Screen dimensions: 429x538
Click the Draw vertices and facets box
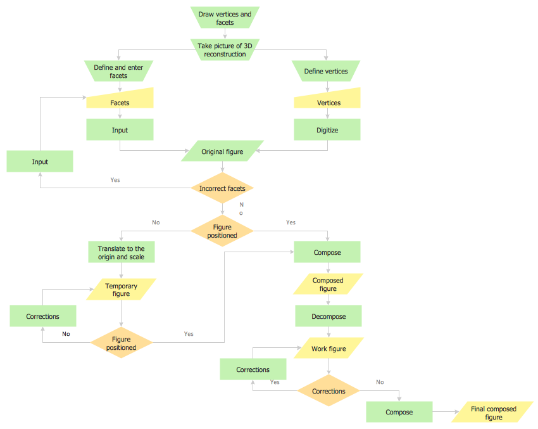pyautogui.click(x=225, y=18)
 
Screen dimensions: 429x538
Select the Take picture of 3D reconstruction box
pyautogui.click(x=225, y=50)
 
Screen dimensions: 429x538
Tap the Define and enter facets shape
pyautogui.click(x=118, y=71)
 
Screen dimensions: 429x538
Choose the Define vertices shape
pyautogui.click(x=326, y=71)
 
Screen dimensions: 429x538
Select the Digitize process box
pyautogui.click(x=327, y=130)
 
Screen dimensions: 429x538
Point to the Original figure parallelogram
pyautogui.click(x=222, y=151)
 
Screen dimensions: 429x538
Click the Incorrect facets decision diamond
pyautogui.click(x=222, y=188)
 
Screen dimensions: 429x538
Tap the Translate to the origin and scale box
pyautogui.click(x=121, y=252)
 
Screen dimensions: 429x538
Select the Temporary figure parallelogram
pyautogui.click(x=121, y=290)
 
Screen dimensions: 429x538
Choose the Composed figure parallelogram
pyautogui.click(x=328, y=284)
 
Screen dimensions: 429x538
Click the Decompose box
pyautogui.click(x=328, y=316)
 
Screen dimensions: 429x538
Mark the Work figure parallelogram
pyautogui.click(x=328, y=349)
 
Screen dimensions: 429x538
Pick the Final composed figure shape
pyautogui.click(x=493, y=413)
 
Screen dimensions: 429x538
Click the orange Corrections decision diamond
pyautogui.click(x=328, y=391)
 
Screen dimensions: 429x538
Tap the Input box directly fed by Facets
pyautogui.click(x=120, y=130)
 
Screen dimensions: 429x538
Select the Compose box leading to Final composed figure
pyautogui.click(x=399, y=412)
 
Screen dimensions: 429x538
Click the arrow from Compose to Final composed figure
pyautogui.click(x=446, y=413)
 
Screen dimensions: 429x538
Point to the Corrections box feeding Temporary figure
pyautogui.click(x=43, y=316)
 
